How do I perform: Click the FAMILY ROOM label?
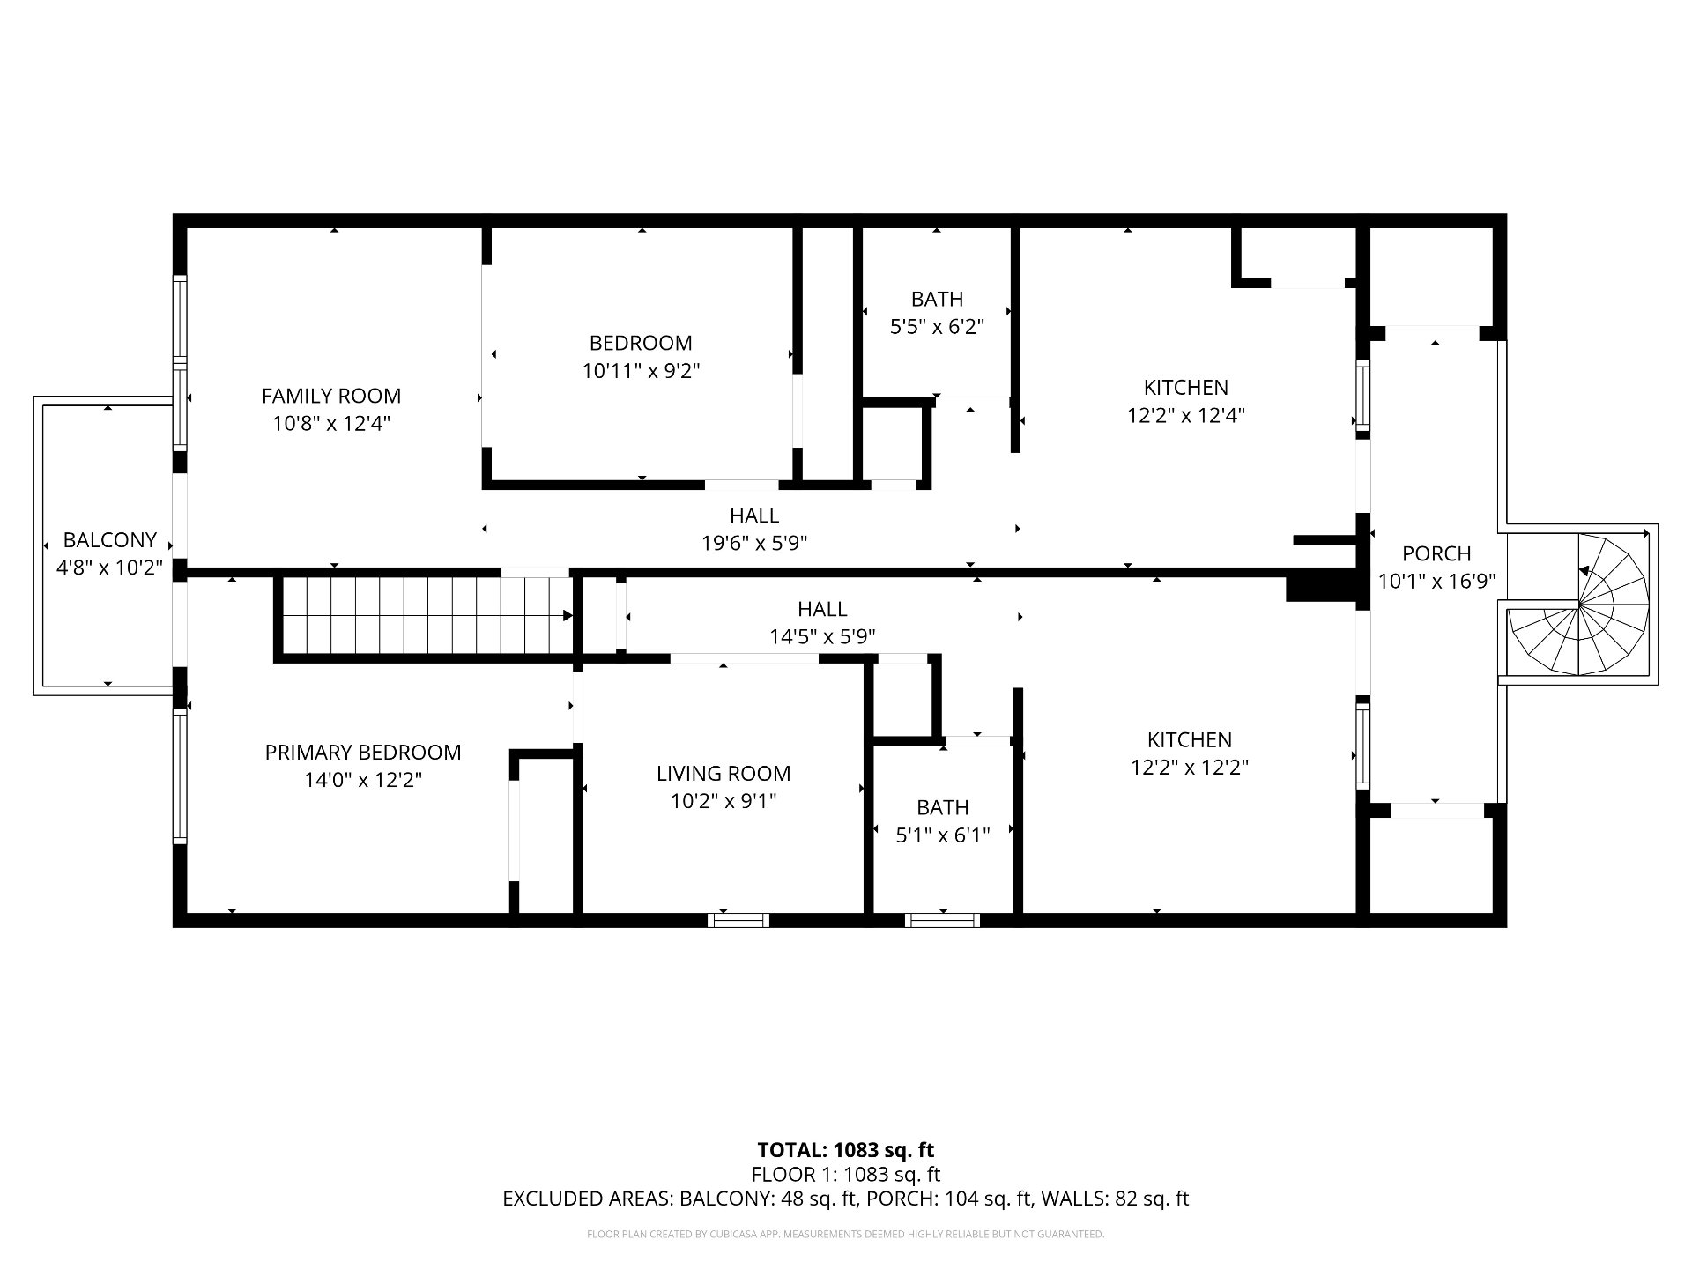pos(331,396)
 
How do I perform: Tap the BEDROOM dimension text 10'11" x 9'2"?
pos(641,371)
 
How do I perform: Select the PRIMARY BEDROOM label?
pos(363,752)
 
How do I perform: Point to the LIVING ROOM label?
pos(724,773)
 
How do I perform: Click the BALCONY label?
pos(110,539)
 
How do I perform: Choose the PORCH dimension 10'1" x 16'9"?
pos(1437,582)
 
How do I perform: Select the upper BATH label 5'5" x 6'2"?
pos(937,313)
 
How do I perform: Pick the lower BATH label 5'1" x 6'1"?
pos(943,821)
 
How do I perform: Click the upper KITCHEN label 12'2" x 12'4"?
pos(1186,401)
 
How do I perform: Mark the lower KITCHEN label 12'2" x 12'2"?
pos(1190,753)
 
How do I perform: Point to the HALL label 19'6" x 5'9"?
pos(754,529)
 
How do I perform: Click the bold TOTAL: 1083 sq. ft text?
pos(846,1149)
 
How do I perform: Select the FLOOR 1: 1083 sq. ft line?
pos(846,1174)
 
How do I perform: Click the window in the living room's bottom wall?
pos(738,920)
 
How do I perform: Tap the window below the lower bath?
pos(943,920)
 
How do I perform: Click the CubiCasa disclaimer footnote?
pos(846,1235)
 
